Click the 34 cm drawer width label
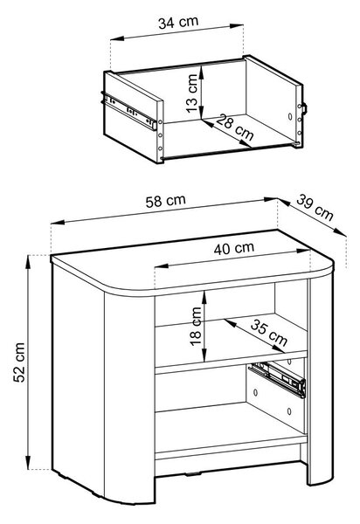coord(178,23)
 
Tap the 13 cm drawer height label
coord(192,93)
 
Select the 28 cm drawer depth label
coord(234,127)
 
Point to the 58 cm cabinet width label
coord(165,201)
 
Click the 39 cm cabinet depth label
coord(315,208)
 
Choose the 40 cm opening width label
coord(234,248)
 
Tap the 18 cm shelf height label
coord(196,326)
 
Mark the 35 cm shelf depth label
coord(269,333)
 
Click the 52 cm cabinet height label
coord(19,362)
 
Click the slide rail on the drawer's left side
coord(128,111)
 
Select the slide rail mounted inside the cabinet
coord(278,379)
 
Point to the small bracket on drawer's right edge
coord(304,108)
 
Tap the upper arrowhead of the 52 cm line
coord(29,261)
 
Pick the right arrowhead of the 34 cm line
coord(237,26)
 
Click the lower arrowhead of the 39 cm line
coord(340,232)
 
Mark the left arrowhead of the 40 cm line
coord(161,266)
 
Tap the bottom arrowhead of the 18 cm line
coord(204,356)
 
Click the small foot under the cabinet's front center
coord(193,473)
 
